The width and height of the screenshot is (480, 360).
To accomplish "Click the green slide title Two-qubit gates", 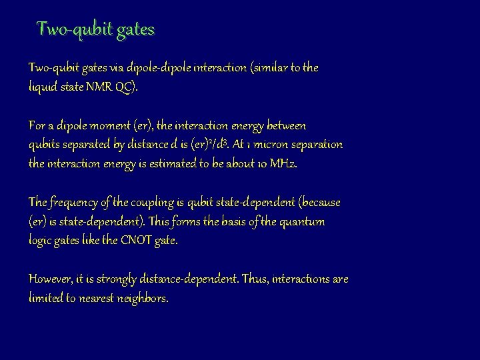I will [95, 29].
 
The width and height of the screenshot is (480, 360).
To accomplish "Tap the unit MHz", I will [283, 164].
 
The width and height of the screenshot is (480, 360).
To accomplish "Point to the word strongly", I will [115, 279].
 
